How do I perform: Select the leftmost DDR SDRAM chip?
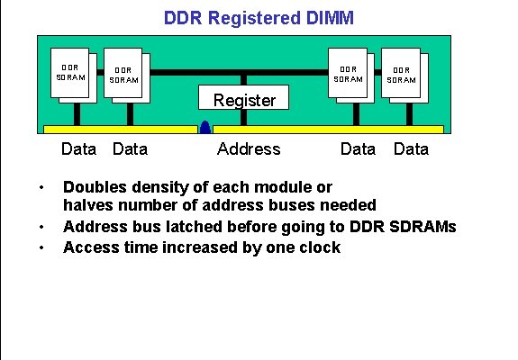72,72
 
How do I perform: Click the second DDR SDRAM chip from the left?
125,75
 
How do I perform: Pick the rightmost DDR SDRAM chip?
403,75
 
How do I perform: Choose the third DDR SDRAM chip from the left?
349,73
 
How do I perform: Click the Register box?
244,100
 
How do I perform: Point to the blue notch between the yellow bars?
205,129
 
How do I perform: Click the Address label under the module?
249,149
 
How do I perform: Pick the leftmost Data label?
78,149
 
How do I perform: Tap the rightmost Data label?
411,149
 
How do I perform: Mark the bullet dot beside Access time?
41,247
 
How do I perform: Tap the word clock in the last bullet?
320,247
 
